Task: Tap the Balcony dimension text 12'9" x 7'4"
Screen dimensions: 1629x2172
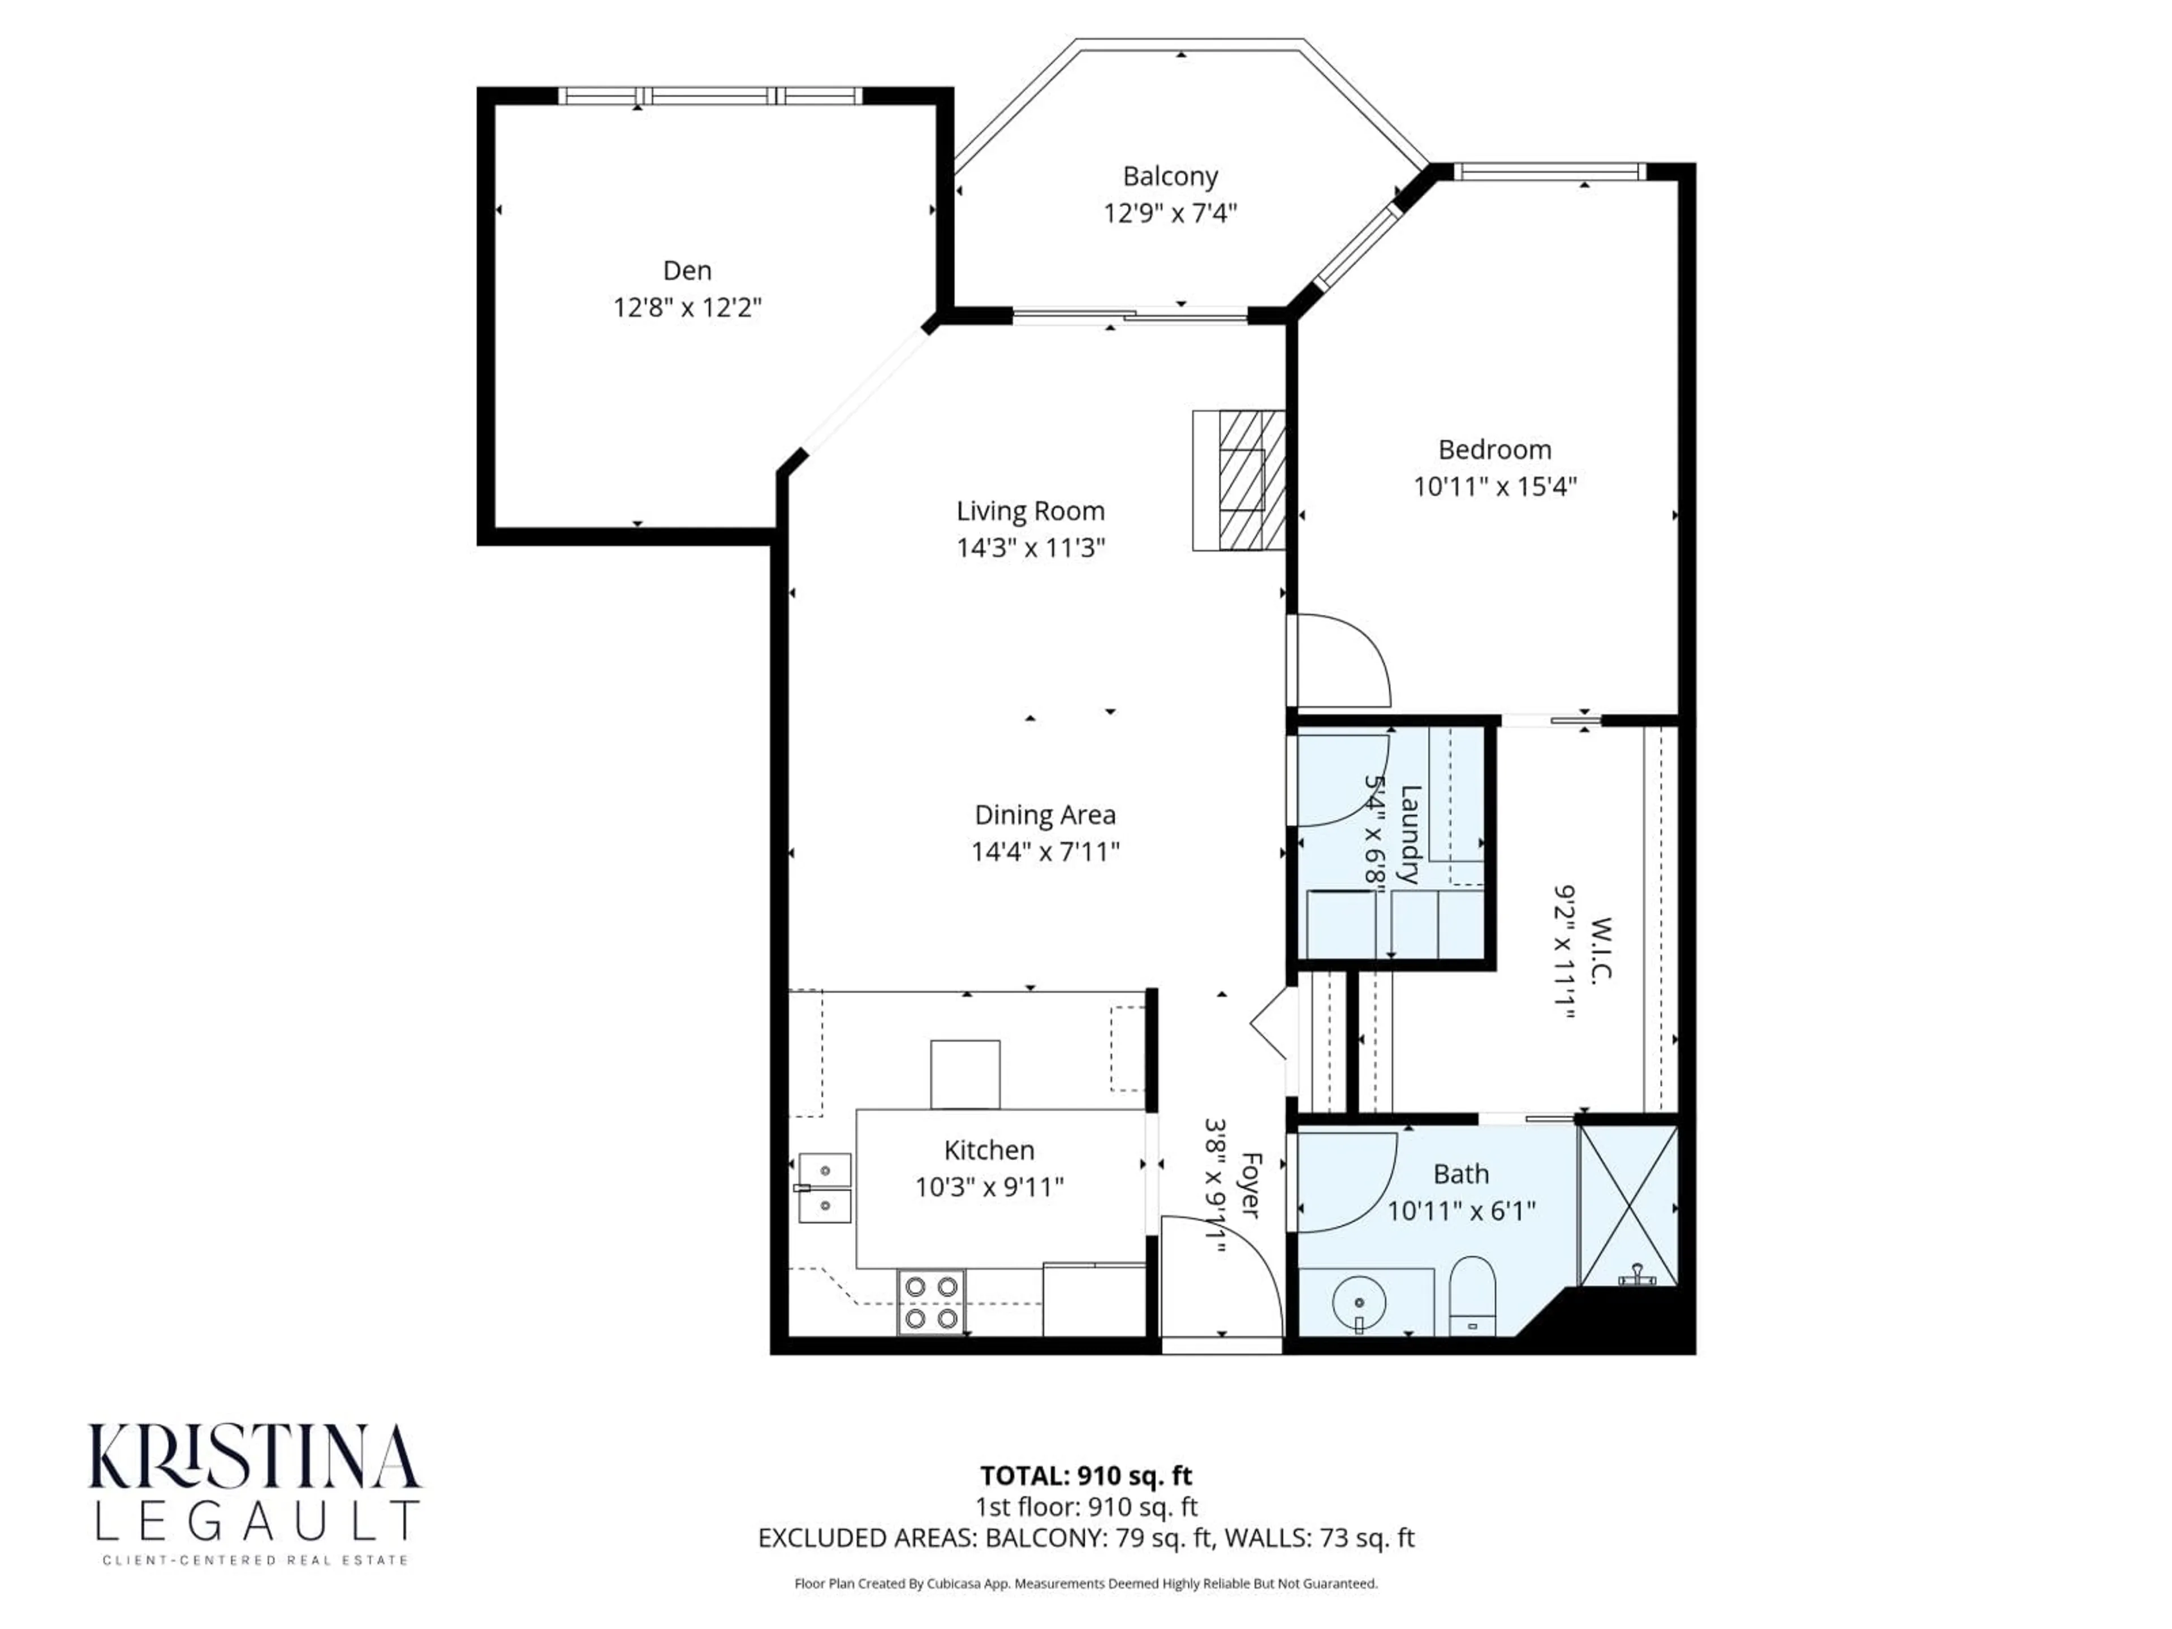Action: pyautogui.click(x=1170, y=213)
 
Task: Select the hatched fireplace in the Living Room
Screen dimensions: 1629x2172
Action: pyautogui.click(x=1251, y=480)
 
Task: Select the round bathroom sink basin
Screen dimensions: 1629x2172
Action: pyautogui.click(x=1359, y=1303)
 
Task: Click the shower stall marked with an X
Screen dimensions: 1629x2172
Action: pyautogui.click(x=1627, y=1206)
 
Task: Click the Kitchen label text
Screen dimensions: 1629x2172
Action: pyautogui.click(x=989, y=1150)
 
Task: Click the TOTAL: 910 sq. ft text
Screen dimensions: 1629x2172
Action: pyautogui.click(x=1086, y=1476)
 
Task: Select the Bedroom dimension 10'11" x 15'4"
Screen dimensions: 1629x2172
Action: pyautogui.click(x=1494, y=486)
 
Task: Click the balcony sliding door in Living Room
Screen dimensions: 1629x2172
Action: pyautogui.click(x=1129, y=315)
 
